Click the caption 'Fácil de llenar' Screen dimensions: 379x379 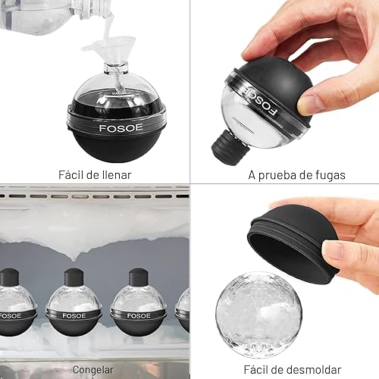95,175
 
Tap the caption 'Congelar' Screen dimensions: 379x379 94,369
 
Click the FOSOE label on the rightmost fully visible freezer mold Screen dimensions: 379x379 138,315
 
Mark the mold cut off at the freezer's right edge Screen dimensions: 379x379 183,311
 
